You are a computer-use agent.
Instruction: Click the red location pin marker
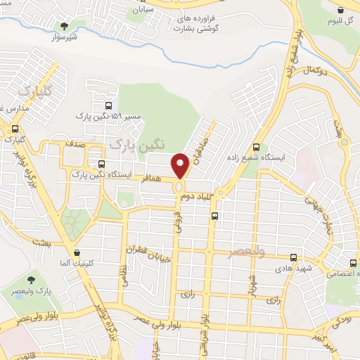(x=180, y=165)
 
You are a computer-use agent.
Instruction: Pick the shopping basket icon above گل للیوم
(x=341, y=11)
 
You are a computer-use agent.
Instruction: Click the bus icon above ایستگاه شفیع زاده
(x=255, y=148)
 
